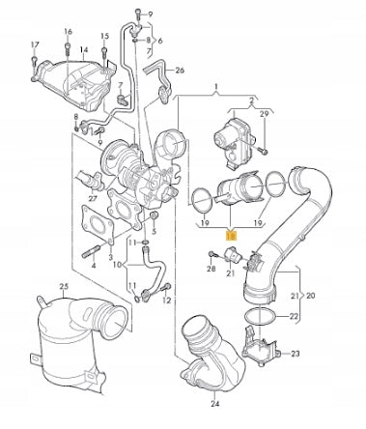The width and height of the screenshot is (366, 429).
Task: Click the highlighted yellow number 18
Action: pos(231,237)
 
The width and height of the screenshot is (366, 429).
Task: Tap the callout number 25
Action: pos(64,286)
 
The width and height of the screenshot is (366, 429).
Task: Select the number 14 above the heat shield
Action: pos(84,50)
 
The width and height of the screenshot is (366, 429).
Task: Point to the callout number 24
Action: pos(215,403)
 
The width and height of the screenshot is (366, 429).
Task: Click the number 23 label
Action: pos(295,354)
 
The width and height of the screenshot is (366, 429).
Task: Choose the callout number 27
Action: pos(93,198)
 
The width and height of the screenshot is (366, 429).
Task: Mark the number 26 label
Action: pos(180,70)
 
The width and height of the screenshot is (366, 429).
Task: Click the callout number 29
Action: pos(264,113)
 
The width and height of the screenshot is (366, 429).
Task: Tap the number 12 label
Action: pos(166,300)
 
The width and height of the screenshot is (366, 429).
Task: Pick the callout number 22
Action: pos(294,316)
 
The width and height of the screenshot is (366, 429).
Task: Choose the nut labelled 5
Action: pos(155,214)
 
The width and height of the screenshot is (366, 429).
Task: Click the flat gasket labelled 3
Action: pos(98,223)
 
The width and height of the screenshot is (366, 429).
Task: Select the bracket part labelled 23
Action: pos(261,347)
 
